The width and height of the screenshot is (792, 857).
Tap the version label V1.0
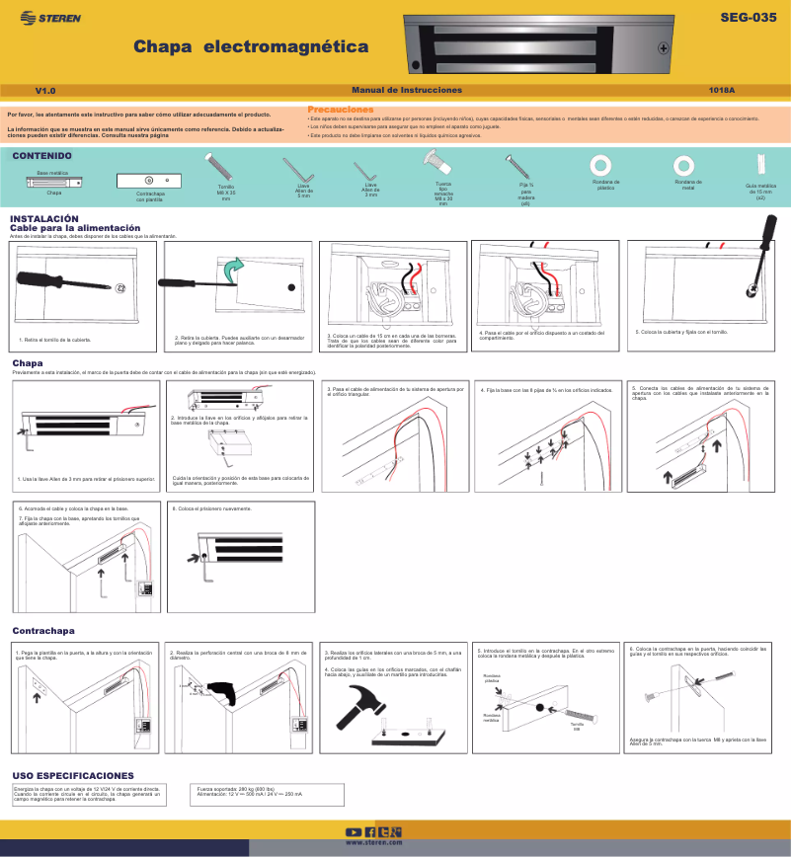tap(44, 90)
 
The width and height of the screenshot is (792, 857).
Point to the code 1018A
tap(722, 90)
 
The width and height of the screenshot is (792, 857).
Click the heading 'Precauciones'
tap(341, 109)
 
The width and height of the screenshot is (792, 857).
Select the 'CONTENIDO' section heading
tap(40, 156)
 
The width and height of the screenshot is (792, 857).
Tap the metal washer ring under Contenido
tap(682, 164)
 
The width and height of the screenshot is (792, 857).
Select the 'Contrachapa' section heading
tap(43, 630)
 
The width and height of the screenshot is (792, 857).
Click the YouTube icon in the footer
tap(353, 831)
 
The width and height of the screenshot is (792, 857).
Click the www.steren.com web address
tap(372, 842)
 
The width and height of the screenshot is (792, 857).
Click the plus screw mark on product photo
tap(664, 47)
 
